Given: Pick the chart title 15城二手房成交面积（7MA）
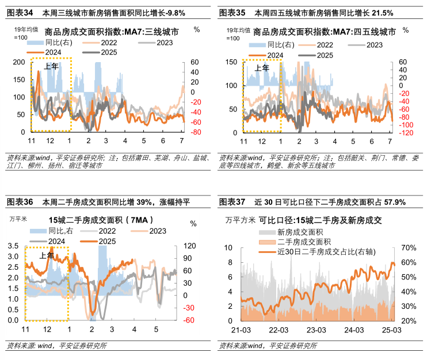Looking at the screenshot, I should (91, 220).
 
